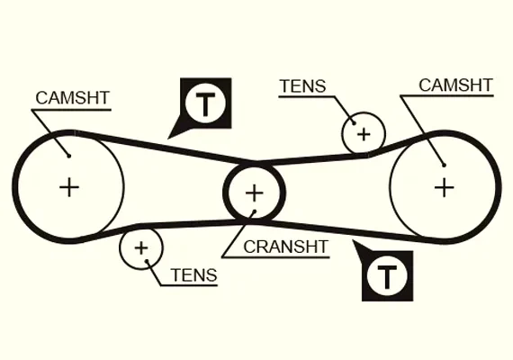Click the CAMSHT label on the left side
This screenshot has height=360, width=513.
click(72, 98)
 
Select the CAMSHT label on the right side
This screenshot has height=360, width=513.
click(455, 85)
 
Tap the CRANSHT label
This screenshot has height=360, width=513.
click(285, 247)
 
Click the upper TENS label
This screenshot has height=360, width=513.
click(303, 86)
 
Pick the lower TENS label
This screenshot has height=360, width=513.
click(193, 274)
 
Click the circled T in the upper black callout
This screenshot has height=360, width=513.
click(205, 103)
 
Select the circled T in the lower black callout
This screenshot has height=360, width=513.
click(387, 276)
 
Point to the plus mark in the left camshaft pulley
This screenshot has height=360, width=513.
click(69, 187)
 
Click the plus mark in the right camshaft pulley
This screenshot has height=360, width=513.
click(445, 187)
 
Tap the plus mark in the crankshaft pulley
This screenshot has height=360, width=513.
click(254, 193)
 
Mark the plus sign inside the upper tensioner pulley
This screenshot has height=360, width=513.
click(364, 134)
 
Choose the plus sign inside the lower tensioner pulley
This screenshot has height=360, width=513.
click(141, 248)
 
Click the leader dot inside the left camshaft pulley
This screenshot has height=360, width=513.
click(69, 156)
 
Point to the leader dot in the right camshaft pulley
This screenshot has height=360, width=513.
click(444, 166)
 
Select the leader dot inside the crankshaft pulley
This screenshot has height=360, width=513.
click(254, 211)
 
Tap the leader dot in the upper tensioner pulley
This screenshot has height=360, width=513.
click(354, 123)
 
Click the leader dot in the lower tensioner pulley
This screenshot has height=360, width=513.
click(148, 261)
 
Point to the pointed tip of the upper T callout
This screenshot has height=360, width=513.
click(167, 139)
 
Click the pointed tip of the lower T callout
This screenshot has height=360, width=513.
click(353, 240)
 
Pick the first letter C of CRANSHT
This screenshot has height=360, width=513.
click(249, 247)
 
